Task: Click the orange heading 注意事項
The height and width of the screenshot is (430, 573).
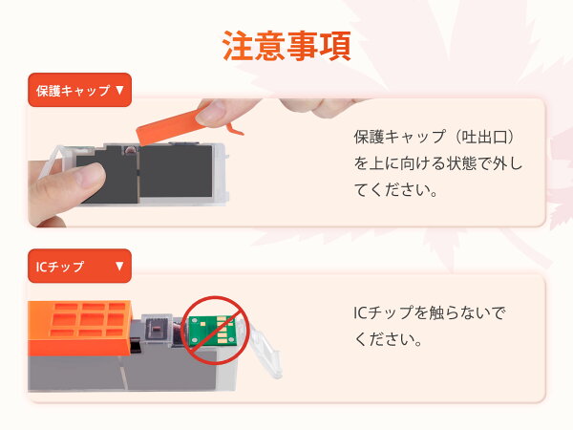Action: click(x=286, y=46)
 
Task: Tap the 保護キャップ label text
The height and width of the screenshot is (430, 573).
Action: click(x=74, y=91)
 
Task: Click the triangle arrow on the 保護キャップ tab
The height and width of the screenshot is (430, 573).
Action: click(x=119, y=91)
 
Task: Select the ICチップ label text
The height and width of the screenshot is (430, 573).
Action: click(x=60, y=267)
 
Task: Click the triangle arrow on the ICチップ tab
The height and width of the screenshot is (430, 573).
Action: click(x=119, y=266)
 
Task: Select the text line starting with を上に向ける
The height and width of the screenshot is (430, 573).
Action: click(x=437, y=163)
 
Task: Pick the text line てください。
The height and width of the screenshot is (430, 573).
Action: click(x=395, y=190)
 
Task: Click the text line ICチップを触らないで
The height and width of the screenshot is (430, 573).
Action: click(x=429, y=313)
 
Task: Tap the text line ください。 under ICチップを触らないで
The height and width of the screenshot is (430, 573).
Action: click(x=389, y=339)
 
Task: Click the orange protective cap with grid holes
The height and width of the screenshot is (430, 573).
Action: click(x=80, y=327)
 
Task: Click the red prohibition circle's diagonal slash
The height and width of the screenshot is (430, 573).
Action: click(x=216, y=331)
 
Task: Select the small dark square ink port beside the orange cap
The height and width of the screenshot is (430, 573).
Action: click(x=156, y=328)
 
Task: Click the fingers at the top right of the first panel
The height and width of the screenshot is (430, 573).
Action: click(x=322, y=107)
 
